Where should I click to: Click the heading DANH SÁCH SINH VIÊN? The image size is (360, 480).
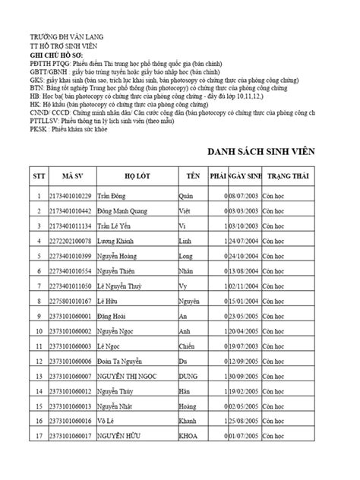(x=274, y=150)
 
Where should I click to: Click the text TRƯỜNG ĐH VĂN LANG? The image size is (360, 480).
(x=67, y=36)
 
